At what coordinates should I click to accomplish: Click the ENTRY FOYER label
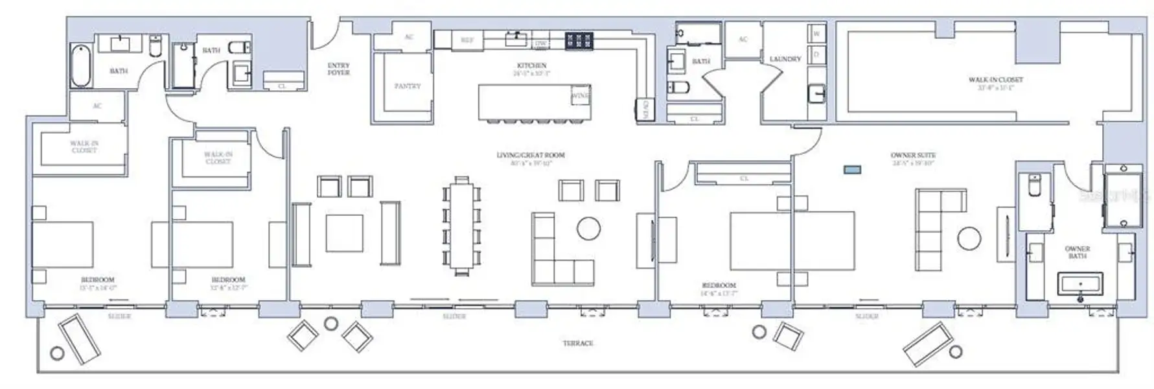pyautogui.click(x=338, y=69)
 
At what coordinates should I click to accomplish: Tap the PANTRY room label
pyautogui.click(x=407, y=86)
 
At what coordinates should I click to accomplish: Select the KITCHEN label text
pyautogui.click(x=531, y=65)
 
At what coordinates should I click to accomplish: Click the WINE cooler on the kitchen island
pyautogui.click(x=580, y=96)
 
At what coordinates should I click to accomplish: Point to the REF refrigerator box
pyautogui.click(x=467, y=40)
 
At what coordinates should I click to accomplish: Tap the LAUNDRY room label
pyautogui.click(x=785, y=59)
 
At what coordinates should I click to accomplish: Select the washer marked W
pyautogui.click(x=816, y=33)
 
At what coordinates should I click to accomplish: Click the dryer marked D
pyautogui.click(x=816, y=54)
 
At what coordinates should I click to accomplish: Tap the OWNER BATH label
pyautogui.click(x=1077, y=252)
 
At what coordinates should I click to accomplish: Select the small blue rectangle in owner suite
pyautogui.click(x=852, y=170)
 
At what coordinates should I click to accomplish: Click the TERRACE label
pyautogui.click(x=577, y=343)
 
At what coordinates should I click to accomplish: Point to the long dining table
pyautogui.click(x=461, y=226)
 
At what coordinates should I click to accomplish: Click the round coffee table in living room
pyautogui.click(x=588, y=228)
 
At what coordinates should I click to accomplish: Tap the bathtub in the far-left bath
pyautogui.click(x=80, y=66)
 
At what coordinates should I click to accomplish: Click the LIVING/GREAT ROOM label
pyautogui.click(x=531, y=156)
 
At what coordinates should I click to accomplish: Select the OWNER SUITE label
pyautogui.click(x=912, y=156)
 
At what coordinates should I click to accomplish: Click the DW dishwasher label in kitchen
pyautogui.click(x=540, y=43)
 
